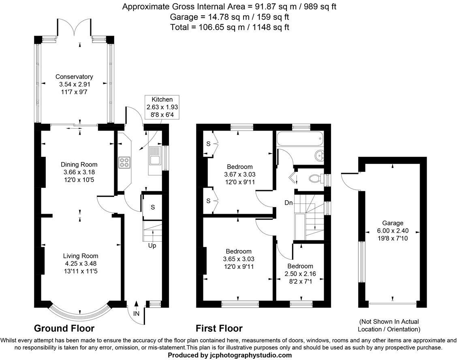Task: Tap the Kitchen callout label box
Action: (x=162, y=107)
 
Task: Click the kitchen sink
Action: (x=155, y=156)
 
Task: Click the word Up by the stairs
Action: (x=152, y=246)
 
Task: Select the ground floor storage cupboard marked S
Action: (x=152, y=207)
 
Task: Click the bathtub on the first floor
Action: (x=300, y=140)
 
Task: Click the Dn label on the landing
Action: (x=288, y=203)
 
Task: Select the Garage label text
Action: (x=393, y=223)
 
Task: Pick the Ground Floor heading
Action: (x=64, y=328)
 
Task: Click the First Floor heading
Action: (x=219, y=328)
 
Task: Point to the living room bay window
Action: (x=80, y=313)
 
